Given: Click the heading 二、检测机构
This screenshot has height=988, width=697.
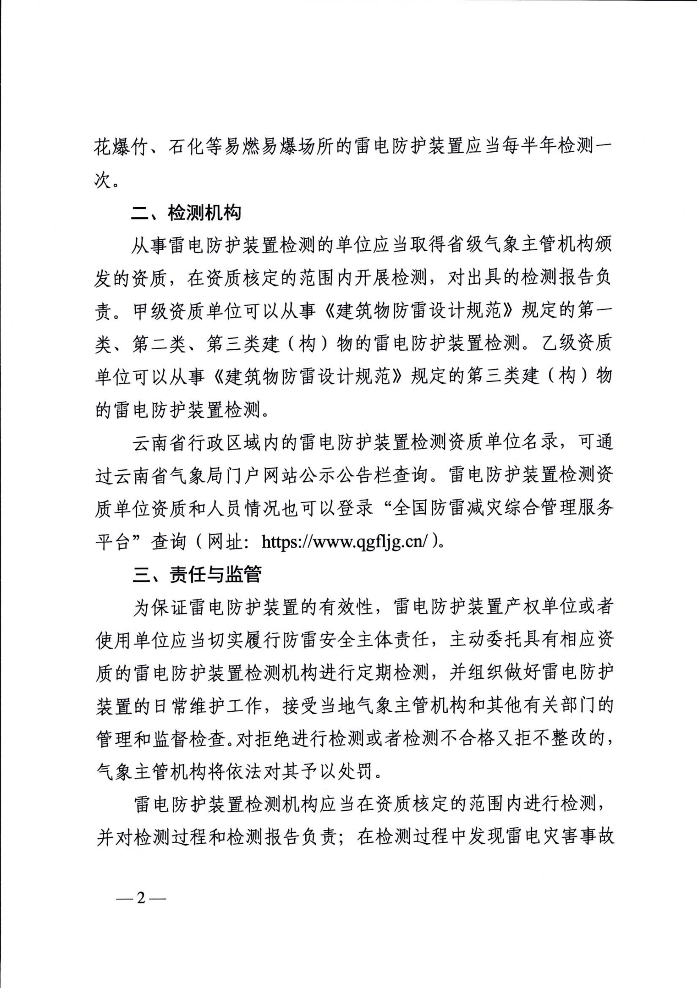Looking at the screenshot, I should point(186,213).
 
